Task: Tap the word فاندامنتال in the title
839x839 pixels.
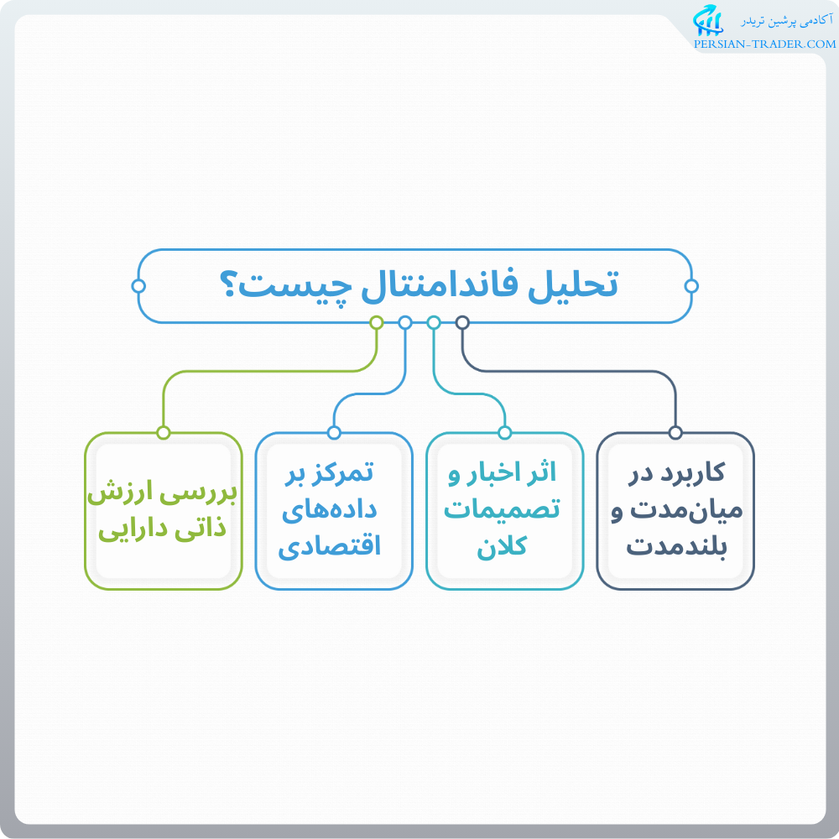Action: [x=435, y=285]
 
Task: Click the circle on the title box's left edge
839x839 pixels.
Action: [x=139, y=286]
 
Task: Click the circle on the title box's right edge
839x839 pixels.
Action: [x=691, y=286]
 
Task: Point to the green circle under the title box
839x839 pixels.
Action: [x=377, y=322]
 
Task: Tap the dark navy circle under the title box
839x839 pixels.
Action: [x=462, y=322]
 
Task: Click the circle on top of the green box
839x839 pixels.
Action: [x=164, y=433]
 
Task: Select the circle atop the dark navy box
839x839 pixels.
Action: [x=675, y=433]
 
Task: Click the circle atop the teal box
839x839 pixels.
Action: [x=504, y=433]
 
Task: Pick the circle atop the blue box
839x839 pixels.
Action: [x=334, y=433]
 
